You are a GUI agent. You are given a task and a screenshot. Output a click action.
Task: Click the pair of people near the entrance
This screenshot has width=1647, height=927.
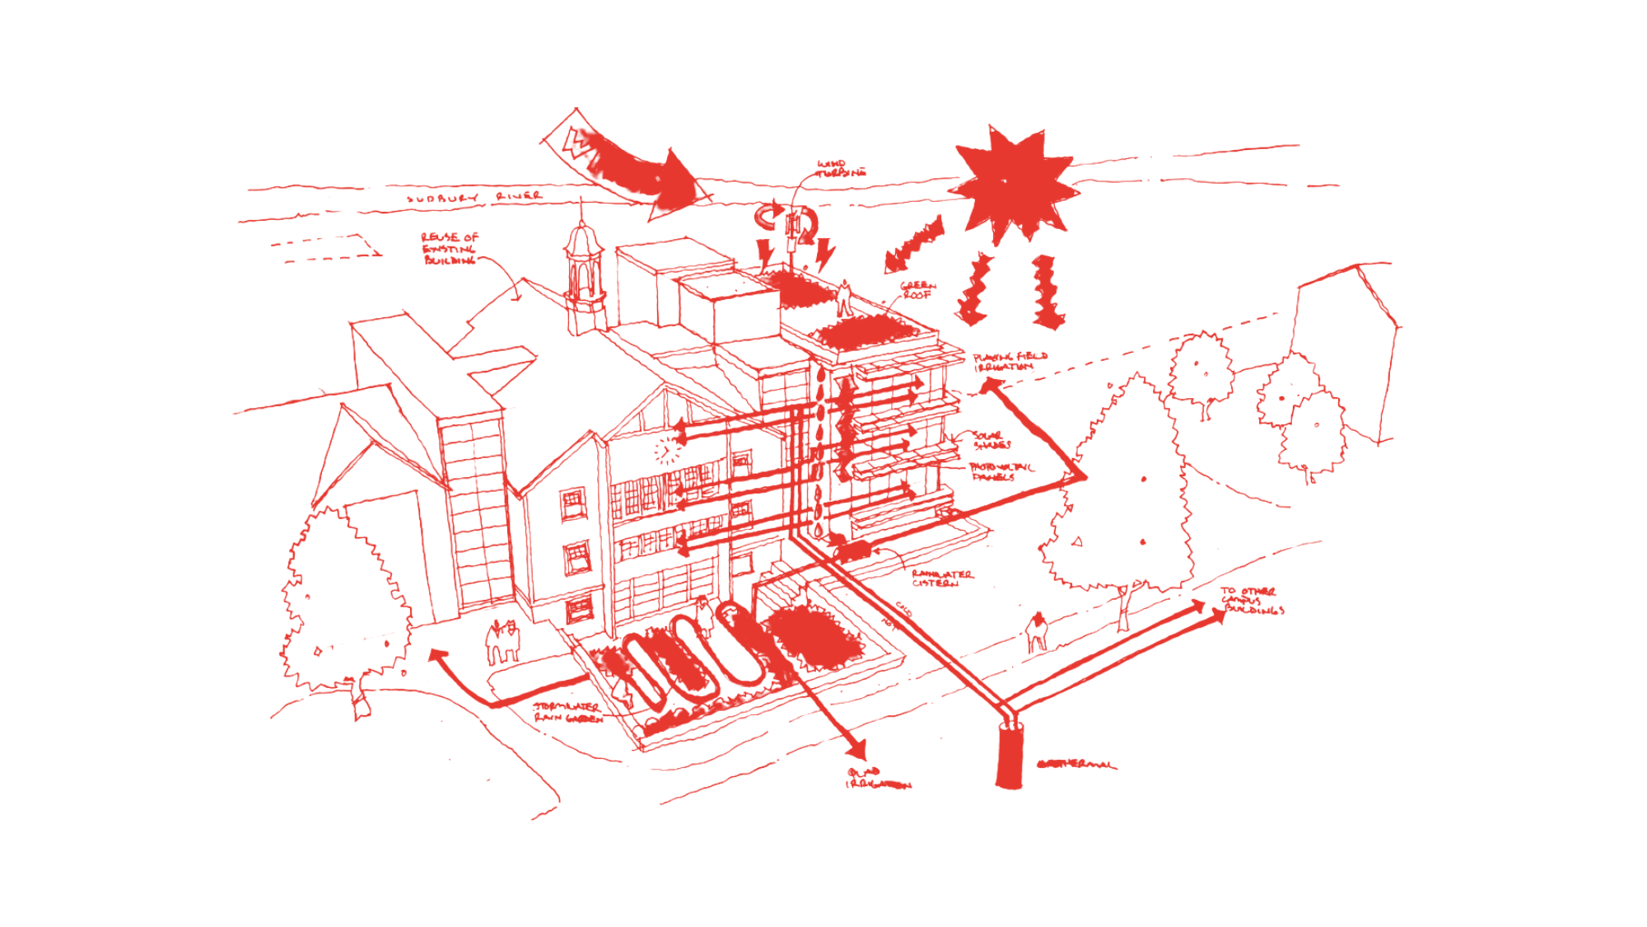point(503,640)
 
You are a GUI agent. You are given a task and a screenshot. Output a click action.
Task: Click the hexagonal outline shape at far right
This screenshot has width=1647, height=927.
point(1342,346)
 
